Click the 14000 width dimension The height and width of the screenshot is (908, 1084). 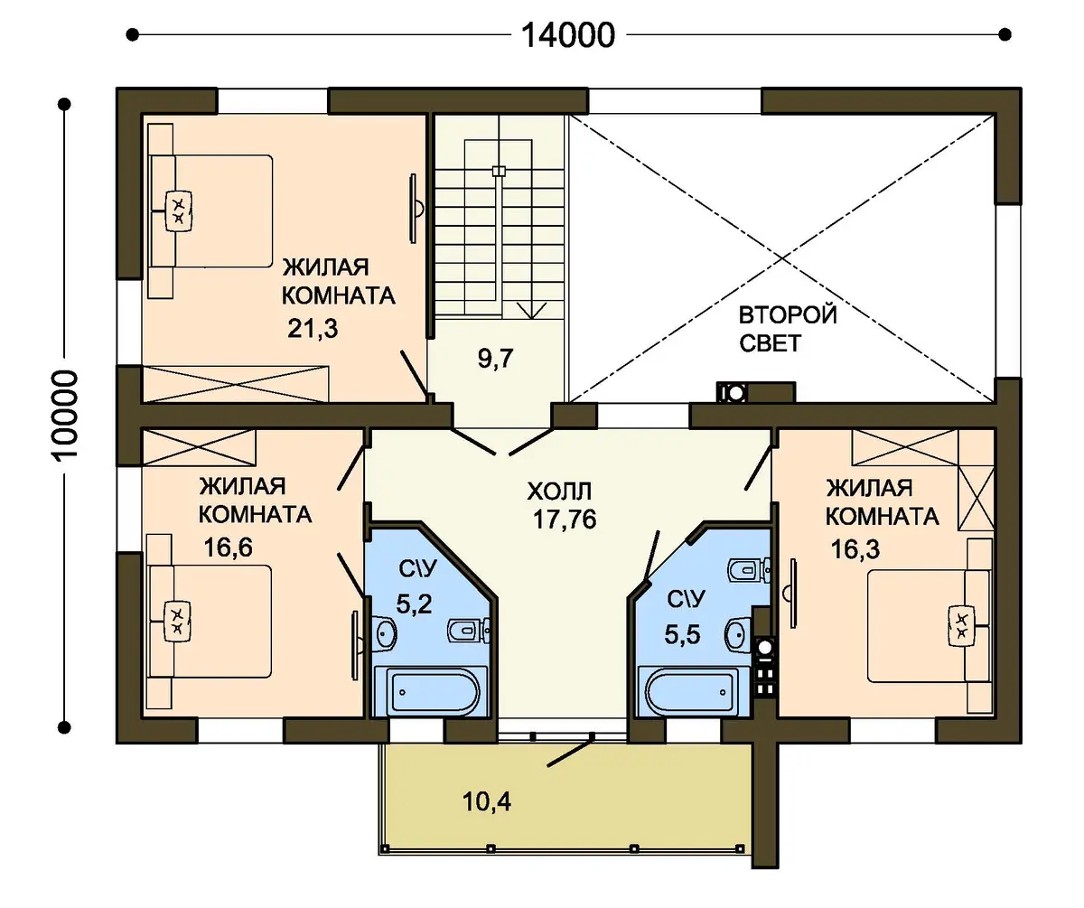coord(568,35)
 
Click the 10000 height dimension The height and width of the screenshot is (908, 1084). coord(66,416)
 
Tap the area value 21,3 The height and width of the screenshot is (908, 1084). coord(313,329)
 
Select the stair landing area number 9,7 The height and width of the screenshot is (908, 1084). coord(495,359)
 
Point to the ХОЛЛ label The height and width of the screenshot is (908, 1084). coord(559,491)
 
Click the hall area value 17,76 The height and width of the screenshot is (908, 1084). coord(565,520)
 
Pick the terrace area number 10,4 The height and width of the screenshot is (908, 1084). coord(487,802)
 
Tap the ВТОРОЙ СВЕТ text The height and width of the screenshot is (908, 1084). coord(788,329)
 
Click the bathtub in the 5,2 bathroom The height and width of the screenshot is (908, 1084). coord(432,692)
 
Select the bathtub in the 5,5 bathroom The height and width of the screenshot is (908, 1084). coord(693,692)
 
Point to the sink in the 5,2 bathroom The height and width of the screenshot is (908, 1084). coord(385,632)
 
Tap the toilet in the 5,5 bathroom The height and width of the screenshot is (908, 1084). coord(749,571)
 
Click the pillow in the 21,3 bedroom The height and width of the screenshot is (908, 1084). coord(179,211)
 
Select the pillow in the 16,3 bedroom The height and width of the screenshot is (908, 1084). coord(961,626)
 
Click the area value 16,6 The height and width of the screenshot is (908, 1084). coord(228,548)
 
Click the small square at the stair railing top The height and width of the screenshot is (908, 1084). coord(499,171)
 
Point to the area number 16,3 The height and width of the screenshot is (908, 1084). coord(855,549)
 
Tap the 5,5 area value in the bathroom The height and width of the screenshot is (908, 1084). coord(683,634)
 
